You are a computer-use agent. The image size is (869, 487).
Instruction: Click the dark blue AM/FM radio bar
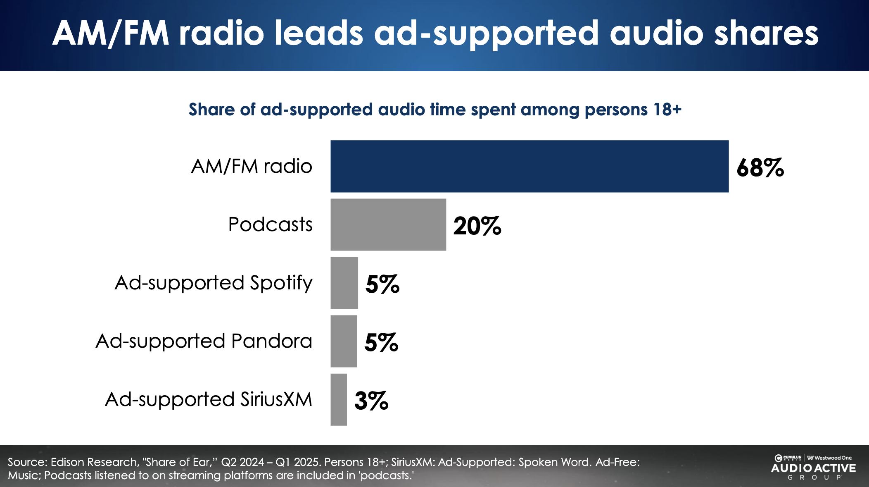click(529, 166)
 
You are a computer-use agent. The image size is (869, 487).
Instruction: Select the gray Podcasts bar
click(388, 224)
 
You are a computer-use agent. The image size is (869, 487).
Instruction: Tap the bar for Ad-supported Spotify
click(344, 283)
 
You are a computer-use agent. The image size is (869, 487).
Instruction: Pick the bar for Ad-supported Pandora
click(344, 341)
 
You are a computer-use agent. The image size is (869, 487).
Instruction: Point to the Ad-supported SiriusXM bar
click(339, 399)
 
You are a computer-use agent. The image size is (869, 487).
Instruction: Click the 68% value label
click(760, 168)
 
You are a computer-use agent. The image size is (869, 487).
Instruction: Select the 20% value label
click(477, 226)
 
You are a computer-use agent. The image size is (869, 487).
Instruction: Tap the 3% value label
click(371, 401)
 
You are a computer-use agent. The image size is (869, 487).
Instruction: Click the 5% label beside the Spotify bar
click(382, 284)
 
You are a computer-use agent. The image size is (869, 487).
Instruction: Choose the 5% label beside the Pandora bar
click(381, 343)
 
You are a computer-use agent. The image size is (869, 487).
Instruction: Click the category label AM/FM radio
click(252, 166)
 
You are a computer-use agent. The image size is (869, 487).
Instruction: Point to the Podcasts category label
click(270, 224)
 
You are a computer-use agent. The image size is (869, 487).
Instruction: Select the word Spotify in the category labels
click(281, 284)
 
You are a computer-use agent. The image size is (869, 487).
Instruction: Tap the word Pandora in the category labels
click(271, 341)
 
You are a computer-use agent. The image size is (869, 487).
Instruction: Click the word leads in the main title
click(318, 33)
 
